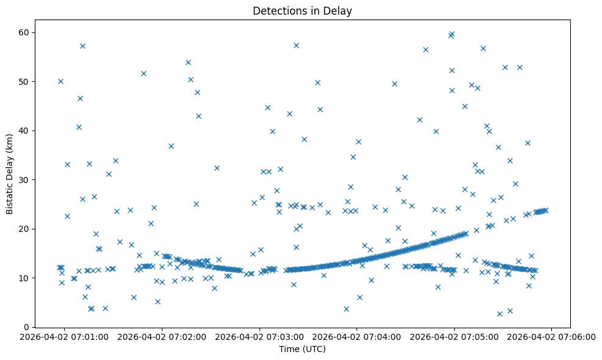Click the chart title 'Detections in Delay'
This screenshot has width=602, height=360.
302,11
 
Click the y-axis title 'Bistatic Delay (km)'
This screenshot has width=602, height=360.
10,173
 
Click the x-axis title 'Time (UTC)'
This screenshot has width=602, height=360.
302,349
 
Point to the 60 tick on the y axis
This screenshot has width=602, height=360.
26,32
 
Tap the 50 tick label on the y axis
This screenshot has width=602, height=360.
26,82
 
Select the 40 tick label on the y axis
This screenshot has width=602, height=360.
26,131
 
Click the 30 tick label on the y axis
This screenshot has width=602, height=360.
26,180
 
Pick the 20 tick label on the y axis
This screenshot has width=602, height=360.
26,229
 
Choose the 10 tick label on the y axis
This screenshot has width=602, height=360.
26,278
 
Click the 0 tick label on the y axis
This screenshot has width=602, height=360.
28,327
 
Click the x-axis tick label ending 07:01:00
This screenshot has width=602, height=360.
65,337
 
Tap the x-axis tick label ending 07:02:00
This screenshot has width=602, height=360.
162,337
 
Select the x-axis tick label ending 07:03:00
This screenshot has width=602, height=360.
259,337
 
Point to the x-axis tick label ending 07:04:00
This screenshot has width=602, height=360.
357,337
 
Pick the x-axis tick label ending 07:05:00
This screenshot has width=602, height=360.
454,337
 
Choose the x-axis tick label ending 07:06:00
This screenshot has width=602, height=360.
552,337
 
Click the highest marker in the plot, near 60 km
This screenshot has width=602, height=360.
452,34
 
